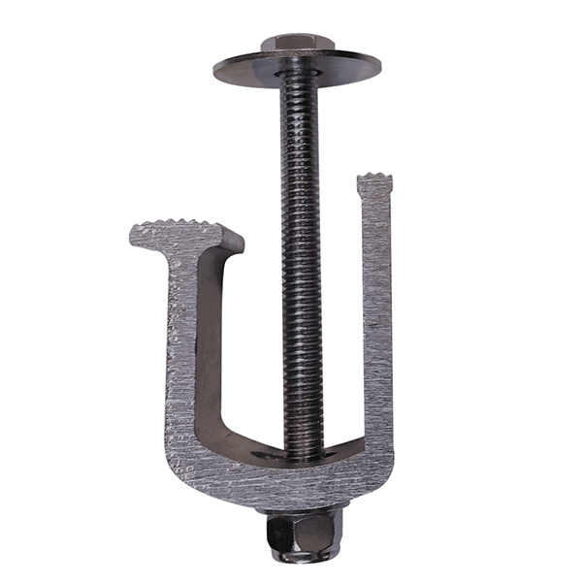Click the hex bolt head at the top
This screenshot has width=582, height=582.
(297, 44)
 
